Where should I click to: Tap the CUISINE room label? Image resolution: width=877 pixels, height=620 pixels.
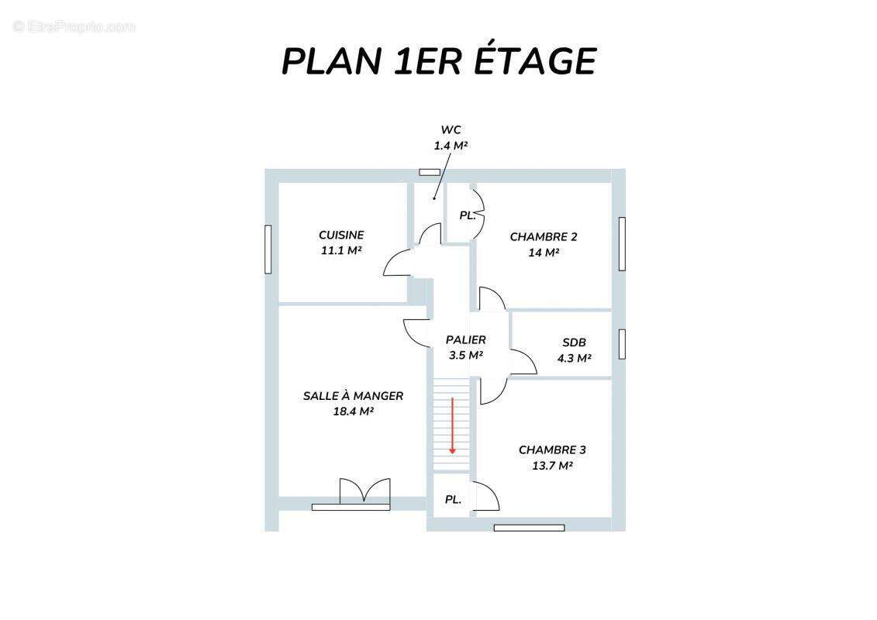(341, 235)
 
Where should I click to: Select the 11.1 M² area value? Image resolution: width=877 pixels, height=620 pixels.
(341, 250)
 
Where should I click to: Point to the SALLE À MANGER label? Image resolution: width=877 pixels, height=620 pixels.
(353, 395)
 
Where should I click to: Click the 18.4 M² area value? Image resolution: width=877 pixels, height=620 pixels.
(353, 411)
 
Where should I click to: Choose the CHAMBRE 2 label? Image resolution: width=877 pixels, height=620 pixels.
(543, 236)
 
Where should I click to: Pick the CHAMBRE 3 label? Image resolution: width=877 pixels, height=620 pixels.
(552, 449)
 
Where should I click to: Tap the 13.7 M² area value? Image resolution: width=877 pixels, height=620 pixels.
(552, 465)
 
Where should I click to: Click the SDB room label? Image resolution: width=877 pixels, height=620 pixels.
(574, 342)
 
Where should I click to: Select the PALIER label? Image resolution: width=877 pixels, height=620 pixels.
(466, 339)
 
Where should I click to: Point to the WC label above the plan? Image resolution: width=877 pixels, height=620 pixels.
(451, 129)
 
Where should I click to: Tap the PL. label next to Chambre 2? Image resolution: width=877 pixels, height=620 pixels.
(467, 215)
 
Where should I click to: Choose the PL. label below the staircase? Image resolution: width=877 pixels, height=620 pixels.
(453, 500)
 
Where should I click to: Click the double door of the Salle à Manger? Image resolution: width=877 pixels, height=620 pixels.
(364, 491)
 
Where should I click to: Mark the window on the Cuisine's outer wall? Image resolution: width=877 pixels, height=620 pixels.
(268, 250)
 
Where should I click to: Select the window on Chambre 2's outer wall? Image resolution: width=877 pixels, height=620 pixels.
(622, 244)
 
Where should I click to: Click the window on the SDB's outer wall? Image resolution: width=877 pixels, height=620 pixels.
(622, 344)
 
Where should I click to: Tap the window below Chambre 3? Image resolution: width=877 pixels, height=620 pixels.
(529, 528)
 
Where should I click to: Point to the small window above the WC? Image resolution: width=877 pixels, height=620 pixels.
(430, 172)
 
